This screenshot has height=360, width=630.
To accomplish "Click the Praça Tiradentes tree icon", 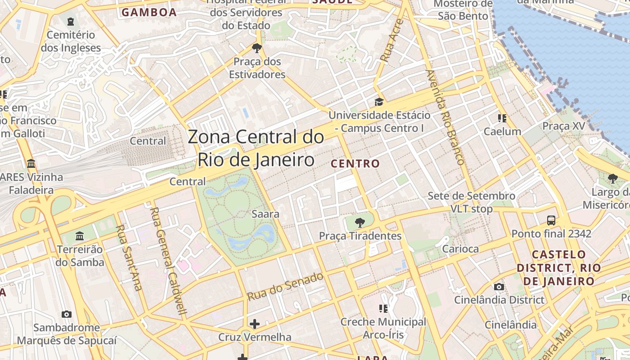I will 360,222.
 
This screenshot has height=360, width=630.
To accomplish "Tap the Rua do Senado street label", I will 285,287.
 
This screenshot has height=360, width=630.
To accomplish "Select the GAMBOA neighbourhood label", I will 149,12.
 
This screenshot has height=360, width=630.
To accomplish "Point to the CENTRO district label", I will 355,163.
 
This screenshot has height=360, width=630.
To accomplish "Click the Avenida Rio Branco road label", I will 445,117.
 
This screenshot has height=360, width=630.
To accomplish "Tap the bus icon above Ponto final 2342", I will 551,220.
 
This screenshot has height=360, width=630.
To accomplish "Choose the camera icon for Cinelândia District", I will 499,287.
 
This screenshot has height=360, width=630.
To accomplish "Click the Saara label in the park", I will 265,214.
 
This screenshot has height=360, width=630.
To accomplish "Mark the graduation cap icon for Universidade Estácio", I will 379,102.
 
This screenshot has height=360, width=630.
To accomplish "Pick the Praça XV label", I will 564,126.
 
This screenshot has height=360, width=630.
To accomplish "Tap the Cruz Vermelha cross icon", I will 255,324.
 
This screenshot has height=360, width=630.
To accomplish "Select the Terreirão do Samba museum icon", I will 80,235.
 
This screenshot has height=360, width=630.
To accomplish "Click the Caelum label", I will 502,131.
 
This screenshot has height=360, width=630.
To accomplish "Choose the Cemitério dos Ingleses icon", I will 71,21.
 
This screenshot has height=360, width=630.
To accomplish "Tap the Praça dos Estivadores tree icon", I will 257,48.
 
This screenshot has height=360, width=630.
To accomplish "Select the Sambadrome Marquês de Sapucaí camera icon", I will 67,314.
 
